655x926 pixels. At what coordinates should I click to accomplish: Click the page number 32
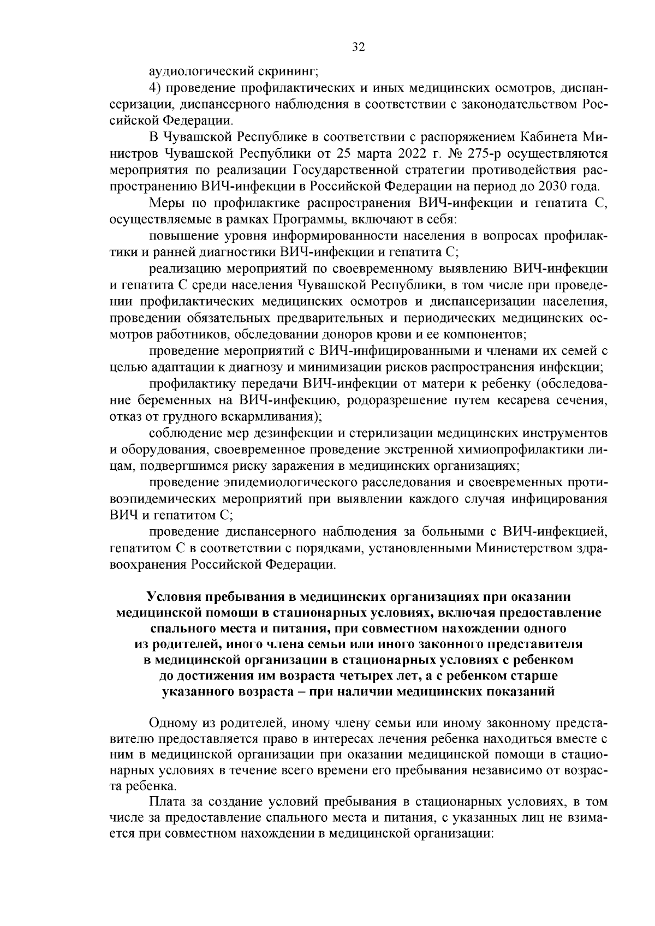tap(358, 47)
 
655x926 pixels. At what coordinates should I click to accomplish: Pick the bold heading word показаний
tap(524, 692)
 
